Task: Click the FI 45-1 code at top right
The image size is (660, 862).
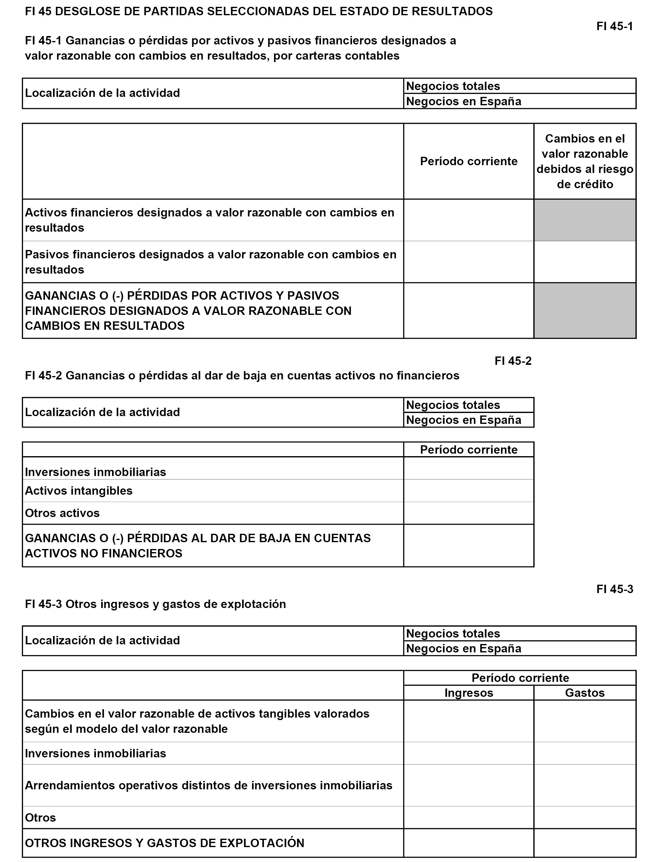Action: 614,26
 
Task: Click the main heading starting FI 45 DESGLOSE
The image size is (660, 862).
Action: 259,11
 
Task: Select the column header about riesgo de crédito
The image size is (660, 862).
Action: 585,161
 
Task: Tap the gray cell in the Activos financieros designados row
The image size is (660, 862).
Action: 585,220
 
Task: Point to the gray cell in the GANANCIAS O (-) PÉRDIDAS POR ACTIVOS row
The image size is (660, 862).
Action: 585,311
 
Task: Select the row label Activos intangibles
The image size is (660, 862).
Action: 79,491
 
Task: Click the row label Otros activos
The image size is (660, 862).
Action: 62,513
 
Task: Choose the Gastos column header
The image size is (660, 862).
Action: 585,693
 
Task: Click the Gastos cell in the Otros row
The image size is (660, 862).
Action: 585,818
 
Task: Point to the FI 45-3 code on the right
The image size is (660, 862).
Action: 614,589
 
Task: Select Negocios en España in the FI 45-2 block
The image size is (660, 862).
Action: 463,420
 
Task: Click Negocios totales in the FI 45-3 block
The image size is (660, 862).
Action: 453,633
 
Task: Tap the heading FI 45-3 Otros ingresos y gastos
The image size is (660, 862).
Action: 155,604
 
